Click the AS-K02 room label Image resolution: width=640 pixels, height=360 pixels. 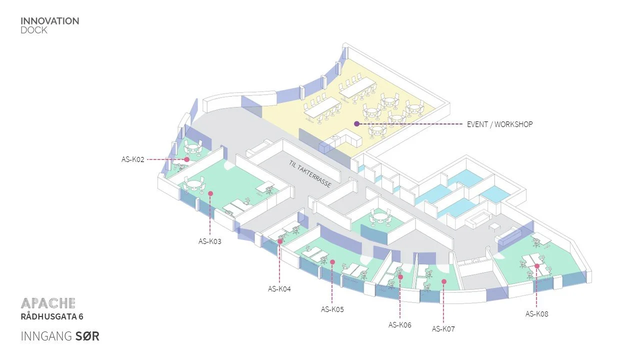132,159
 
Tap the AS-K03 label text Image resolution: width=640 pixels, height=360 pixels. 209,241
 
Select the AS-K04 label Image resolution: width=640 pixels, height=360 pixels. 279,288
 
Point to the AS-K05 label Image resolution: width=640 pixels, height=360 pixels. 332,309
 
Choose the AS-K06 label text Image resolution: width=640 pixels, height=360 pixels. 399,325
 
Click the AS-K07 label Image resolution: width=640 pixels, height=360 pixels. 443,329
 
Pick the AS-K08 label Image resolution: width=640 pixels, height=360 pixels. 536,314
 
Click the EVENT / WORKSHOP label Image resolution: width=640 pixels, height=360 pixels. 499,124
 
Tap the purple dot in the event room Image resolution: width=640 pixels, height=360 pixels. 356,123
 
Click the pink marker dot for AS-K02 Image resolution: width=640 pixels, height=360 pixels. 186,159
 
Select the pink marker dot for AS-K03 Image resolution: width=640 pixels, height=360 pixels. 210,193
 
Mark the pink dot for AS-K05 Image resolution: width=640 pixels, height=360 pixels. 332,261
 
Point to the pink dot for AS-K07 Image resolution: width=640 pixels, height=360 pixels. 443,281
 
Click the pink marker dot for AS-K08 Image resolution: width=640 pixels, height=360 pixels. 536,266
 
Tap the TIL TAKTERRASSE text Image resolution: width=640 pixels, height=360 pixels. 310,174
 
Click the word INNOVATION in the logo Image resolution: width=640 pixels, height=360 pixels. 49,21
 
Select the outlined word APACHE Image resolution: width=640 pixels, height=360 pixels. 48,303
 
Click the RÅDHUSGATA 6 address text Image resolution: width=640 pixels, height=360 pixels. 52,316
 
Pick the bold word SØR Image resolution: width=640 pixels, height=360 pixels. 87,336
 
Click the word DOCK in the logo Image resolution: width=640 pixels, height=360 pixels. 34,30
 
